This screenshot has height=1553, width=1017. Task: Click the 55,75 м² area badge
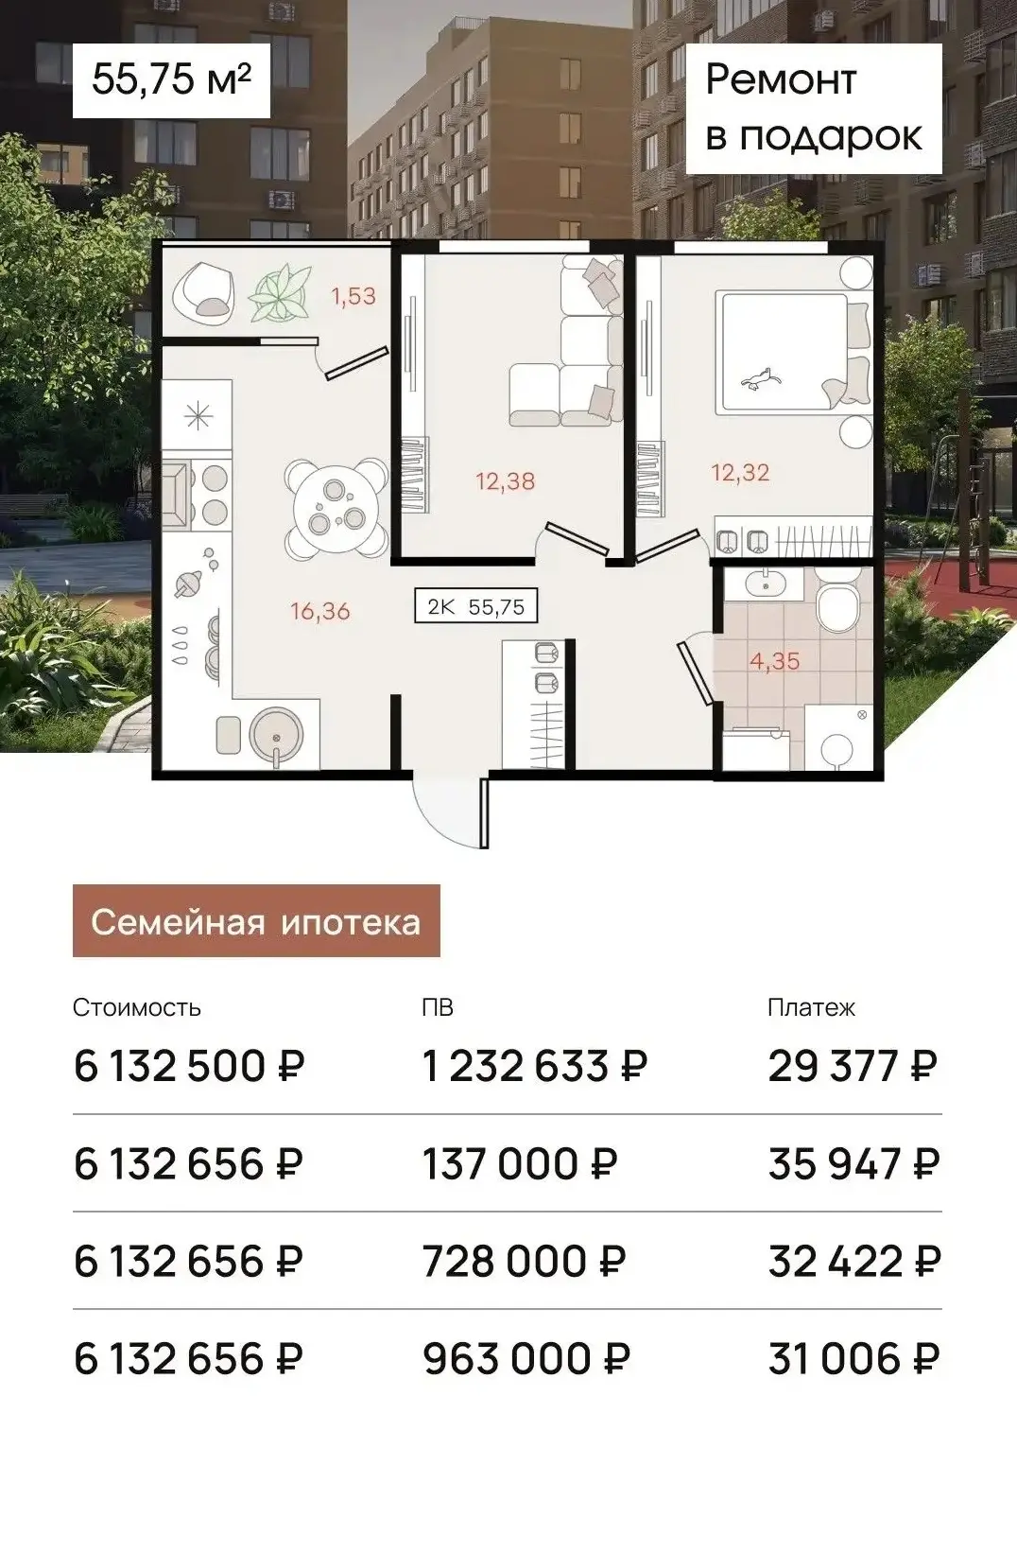pyautogui.click(x=171, y=79)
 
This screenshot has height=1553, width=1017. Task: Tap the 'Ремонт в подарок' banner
pyautogui.click(x=814, y=108)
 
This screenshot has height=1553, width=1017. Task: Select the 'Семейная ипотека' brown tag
pyautogui.click(x=256, y=920)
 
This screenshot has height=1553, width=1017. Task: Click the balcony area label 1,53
pyautogui.click(x=353, y=296)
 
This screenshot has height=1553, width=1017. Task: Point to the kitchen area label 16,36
pyautogui.click(x=320, y=611)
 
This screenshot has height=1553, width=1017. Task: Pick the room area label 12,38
pyautogui.click(x=505, y=480)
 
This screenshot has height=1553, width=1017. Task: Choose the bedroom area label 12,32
pyautogui.click(x=740, y=472)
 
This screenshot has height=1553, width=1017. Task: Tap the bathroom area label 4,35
pyautogui.click(x=774, y=661)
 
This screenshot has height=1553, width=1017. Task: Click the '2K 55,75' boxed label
pyautogui.click(x=476, y=606)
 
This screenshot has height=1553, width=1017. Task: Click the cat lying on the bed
pyautogui.click(x=762, y=378)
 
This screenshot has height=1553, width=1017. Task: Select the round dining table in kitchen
pyautogui.click(x=336, y=508)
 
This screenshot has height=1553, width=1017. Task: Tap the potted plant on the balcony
pyautogui.click(x=279, y=294)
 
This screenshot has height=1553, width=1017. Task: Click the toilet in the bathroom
pyautogui.click(x=838, y=602)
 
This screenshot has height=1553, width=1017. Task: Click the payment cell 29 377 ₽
pyautogui.click(x=853, y=1066)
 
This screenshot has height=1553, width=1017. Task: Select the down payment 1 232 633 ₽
pyautogui.click(x=536, y=1066)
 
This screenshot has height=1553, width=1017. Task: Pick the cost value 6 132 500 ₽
pyautogui.click(x=189, y=1066)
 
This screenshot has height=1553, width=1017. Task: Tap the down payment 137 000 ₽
pyautogui.click(x=520, y=1162)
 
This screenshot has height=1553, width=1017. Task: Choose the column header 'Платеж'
pyautogui.click(x=811, y=1006)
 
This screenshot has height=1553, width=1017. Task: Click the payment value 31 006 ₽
pyautogui.click(x=854, y=1358)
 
